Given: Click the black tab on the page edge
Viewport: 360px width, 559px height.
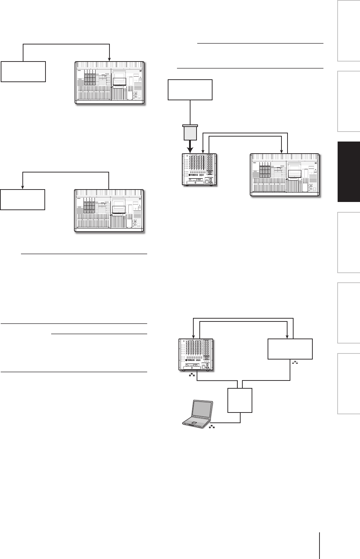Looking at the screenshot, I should pos(348,172).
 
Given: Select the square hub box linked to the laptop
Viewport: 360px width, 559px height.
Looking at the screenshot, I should pos(240,400).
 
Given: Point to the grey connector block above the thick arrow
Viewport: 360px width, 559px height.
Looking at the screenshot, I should pos(190,133).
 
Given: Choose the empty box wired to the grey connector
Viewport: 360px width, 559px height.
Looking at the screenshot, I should pos(190,90).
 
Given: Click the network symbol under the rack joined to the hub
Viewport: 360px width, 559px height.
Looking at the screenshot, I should pos(192,375).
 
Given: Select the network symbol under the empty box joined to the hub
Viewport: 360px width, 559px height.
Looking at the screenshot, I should pos(295,362).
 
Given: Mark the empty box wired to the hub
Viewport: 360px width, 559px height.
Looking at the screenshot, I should pos(290,349).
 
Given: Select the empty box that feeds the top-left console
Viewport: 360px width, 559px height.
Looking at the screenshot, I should pos(23,71).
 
